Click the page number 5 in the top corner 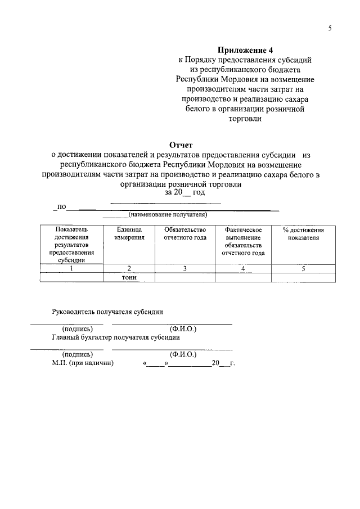point(330,29)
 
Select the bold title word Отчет point(180,145)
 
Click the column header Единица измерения point(129,233)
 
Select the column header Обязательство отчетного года point(185,233)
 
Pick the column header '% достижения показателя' point(303,233)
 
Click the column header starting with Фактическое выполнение point(243,241)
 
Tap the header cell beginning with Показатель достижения point(71,245)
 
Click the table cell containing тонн point(129,277)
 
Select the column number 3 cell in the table point(185,268)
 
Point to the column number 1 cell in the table point(71,268)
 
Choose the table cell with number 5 point(303,268)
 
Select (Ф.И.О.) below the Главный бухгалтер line point(183,354)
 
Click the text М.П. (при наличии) point(83,363)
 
